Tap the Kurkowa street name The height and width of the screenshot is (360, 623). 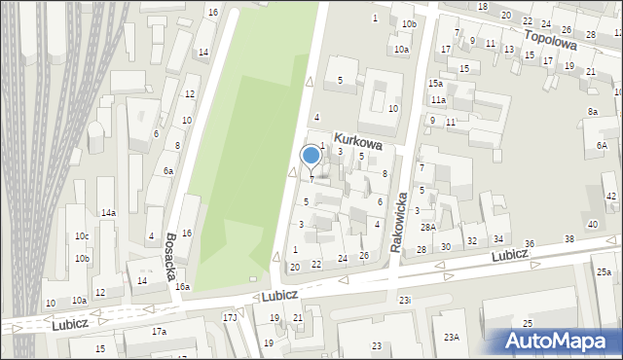356,140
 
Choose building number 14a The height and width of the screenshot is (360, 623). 108,212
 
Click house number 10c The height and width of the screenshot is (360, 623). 82,236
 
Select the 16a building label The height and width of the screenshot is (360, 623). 182,287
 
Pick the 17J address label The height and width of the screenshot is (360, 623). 230,317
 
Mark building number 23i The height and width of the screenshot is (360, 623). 405,300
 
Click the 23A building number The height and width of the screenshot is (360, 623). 451,337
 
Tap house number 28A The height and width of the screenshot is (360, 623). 426,227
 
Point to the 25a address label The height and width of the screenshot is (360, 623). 604,273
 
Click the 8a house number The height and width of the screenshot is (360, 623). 592,112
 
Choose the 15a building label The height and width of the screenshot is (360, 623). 434,84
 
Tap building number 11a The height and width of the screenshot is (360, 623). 439,100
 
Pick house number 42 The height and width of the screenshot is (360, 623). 610,197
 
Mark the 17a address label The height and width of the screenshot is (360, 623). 159,331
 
